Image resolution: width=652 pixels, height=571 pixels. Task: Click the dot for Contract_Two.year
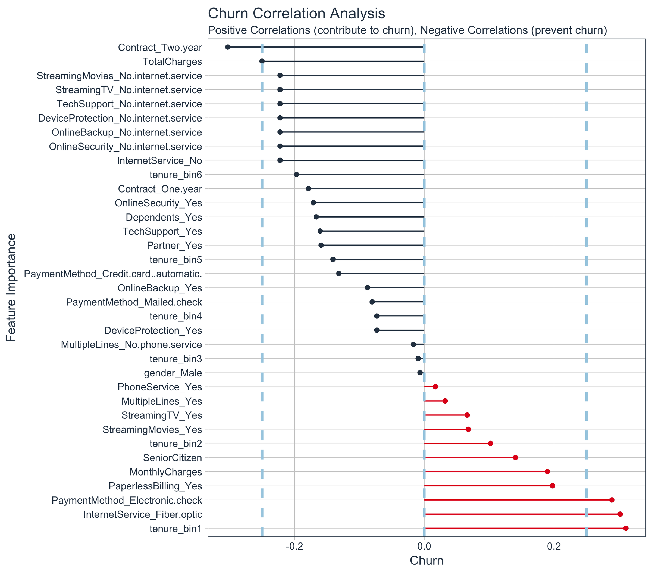pyautogui.click(x=228, y=47)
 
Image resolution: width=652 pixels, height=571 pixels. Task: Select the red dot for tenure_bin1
pyautogui.click(x=626, y=528)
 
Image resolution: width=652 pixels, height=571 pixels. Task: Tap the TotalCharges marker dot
pyautogui.click(x=262, y=61)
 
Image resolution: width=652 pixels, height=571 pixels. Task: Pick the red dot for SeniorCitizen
pyautogui.click(x=515, y=458)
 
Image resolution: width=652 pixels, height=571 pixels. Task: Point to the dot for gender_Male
pyautogui.click(x=420, y=373)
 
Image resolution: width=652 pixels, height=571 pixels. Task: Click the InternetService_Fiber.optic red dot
pyautogui.click(x=620, y=514)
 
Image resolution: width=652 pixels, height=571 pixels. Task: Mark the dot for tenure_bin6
pyautogui.click(x=296, y=174)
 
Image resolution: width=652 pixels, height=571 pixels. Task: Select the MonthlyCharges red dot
pyautogui.click(x=547, y=471)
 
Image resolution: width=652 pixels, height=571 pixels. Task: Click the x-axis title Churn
pyautogui.click(x=426, y=561)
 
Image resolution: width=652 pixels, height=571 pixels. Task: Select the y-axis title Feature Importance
pyautogui.click(x=11, y=288)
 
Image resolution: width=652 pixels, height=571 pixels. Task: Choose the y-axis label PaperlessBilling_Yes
pyautogui.click(x=155, y=486)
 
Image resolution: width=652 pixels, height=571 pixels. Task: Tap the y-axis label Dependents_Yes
pyautogui.click(x=164, y=217)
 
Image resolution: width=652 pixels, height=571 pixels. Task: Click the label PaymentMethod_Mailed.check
pyautogui.click(x=134, y=302)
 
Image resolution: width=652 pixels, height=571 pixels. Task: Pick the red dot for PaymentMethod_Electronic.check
pyautogui.click(x=612, y=500)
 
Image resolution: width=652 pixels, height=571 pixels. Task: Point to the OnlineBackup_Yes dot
pyautogui.click(x=367, y=288)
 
